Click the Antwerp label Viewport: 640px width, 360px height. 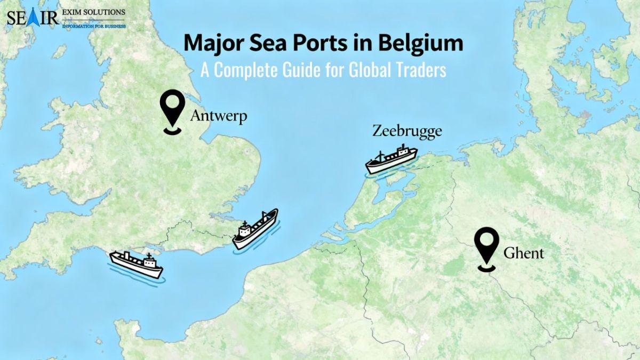[x=218, y=116]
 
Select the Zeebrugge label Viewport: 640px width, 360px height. [x=407, y=131]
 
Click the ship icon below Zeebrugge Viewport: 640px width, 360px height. [x=391, y=159]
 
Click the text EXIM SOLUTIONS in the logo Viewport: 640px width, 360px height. [x=94, y=12]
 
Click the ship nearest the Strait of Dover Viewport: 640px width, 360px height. [x=255, y=229]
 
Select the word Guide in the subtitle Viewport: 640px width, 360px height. [x=301, y=70]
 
